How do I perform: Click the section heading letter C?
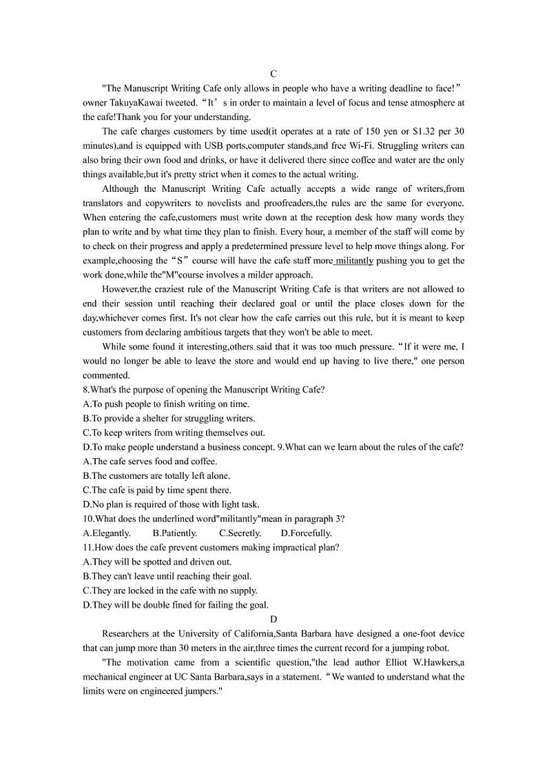click(273, 74)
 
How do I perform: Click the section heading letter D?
click(273, 619)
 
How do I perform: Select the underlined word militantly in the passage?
click(354, 261)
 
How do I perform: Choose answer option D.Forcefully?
click(307, 533)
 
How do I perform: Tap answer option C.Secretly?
click(240, 533)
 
